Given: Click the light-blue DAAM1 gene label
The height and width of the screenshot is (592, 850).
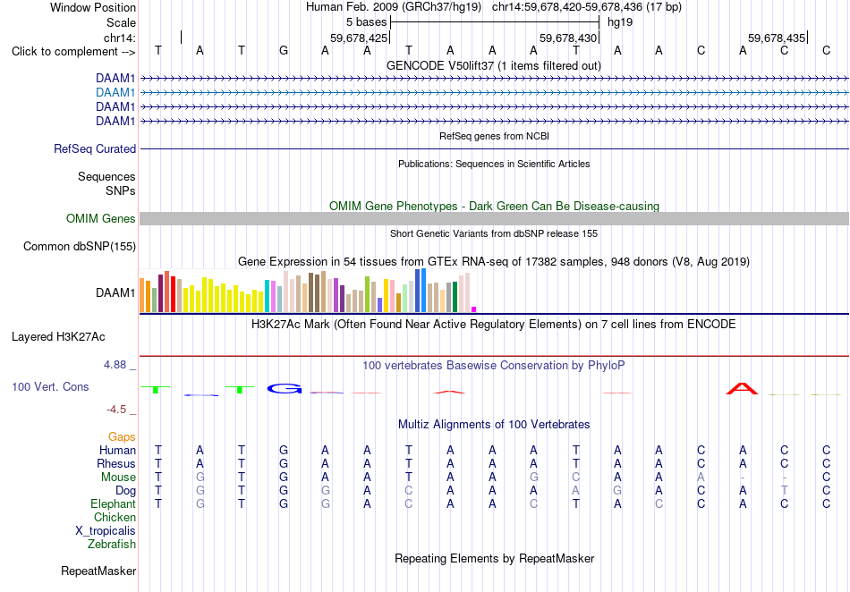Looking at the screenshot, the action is point(115,93).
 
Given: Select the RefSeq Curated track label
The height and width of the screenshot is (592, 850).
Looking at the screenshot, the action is point(95,149).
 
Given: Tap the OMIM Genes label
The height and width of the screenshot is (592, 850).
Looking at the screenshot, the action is point(101,219).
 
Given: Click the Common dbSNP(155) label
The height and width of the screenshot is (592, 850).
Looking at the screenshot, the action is point(80,247).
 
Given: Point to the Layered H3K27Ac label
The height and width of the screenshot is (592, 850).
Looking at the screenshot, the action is point(58,337).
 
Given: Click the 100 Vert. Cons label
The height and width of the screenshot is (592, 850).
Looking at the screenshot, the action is point(50,386).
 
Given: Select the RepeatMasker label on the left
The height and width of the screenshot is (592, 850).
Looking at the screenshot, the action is point(98,571).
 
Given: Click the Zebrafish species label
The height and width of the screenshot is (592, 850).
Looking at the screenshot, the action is point(112,544).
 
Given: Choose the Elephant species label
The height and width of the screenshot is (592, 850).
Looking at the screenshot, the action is point(113,503).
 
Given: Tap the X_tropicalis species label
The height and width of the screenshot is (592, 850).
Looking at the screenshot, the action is point(106,531).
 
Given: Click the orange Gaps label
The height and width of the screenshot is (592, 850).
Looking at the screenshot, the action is point(122,436).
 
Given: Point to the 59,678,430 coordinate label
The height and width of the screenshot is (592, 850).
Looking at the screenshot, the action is point(568,38).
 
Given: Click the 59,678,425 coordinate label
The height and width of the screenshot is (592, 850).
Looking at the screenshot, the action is point(359,38).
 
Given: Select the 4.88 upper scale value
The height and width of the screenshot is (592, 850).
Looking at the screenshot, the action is point(115,365).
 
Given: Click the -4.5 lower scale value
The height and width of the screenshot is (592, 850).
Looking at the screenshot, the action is point(116,410).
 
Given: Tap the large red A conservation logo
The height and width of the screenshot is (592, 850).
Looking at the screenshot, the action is point(742,388).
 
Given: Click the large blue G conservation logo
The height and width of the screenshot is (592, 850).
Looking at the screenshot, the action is point(285,388).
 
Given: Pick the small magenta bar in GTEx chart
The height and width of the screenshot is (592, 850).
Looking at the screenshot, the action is point(474,309).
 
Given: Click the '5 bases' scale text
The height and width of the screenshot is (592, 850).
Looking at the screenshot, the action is point(367,22).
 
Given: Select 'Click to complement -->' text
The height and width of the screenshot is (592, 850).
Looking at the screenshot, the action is point(73,52).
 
